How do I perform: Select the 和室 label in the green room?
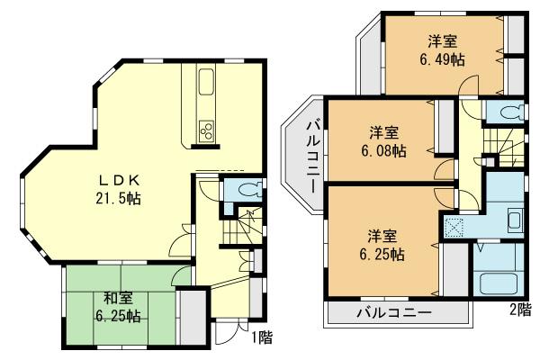119,298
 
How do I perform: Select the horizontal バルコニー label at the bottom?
393,313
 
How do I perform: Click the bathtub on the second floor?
501,282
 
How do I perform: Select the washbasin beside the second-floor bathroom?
514,220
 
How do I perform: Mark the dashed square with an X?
453,226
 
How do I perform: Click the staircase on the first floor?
242,225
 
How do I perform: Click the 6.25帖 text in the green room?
119,316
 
